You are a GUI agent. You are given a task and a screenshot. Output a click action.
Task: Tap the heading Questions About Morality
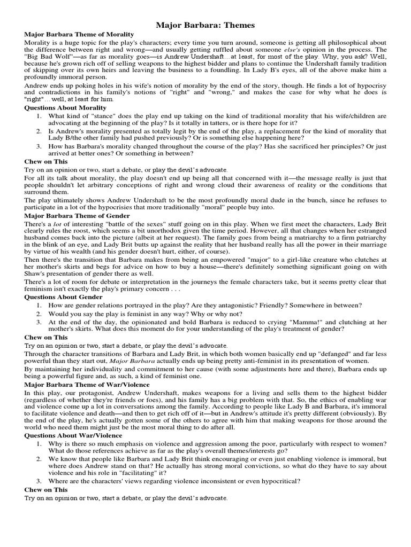[66, 107]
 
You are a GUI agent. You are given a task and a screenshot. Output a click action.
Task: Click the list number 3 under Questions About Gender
[39, 322]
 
